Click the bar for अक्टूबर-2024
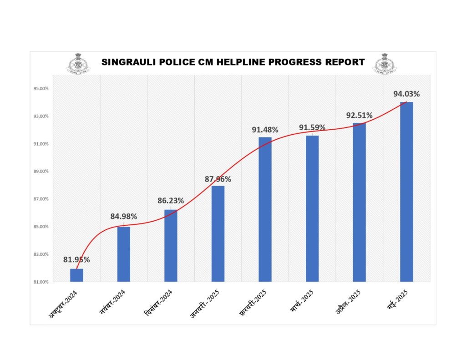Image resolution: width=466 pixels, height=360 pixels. [x=76, y=275]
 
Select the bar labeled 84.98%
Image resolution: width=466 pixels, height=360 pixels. [x=124, y=254]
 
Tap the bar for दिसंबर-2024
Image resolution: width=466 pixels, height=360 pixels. [x=171, y=246]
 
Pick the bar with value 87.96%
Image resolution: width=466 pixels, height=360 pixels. [x=218, y=233]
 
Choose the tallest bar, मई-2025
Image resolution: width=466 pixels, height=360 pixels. [x=406, y=192]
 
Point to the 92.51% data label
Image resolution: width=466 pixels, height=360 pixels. [x=360, y=116]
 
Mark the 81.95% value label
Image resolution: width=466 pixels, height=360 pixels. [x=76, y=260]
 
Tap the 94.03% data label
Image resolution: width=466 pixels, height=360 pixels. [x=406, y=94]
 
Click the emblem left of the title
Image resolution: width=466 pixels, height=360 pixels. [x=79, y=64]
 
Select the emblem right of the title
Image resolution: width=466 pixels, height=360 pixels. [x=384, y=64]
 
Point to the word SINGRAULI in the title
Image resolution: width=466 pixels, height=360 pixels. [x=126, y=62]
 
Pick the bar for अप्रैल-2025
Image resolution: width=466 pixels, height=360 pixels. [x=360, y=202]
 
